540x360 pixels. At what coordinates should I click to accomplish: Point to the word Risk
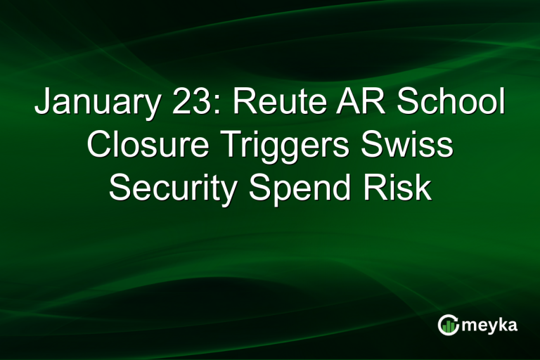click(402, 188)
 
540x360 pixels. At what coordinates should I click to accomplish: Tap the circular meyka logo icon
click(449, 325)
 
